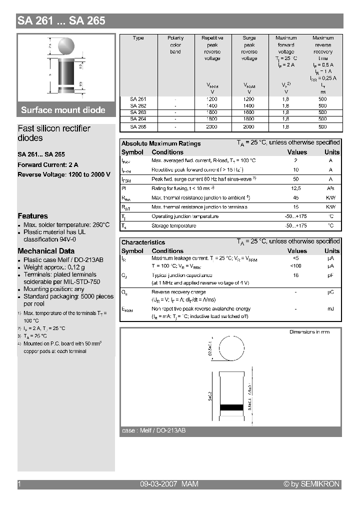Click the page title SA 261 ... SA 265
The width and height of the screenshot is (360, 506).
pyautogui.click(x=61, y=21)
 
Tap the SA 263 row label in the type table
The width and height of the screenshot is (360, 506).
pyautogui.click(x=137, y=112)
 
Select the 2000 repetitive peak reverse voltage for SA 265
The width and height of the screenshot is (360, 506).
pyautogui.click(x=212, y=127)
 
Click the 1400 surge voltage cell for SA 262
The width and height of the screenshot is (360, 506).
pyautogui.click(x=249, y=106)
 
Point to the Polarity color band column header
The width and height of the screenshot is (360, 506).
pyautogui.click(x=175, y=44)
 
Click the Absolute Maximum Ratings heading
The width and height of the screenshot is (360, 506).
pyautogui.click(x=161, y=143)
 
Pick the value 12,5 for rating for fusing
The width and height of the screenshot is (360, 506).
pyautogui.click(x=296, y=188)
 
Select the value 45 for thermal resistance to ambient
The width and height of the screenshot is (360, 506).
pyautogui.click(x=296, y=197)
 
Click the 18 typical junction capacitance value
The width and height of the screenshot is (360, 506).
pyautogui.click(x=296, y=275)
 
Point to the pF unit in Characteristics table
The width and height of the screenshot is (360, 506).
pyautogui.click(x=330, y=275)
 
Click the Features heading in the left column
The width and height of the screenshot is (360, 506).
pyautogui.click(x=32, y=216)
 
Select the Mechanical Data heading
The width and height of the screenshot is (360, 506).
pyautogui.click(x=46, y=251)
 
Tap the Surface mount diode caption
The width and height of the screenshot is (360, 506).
pyautogui.click(x=63, y=110)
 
